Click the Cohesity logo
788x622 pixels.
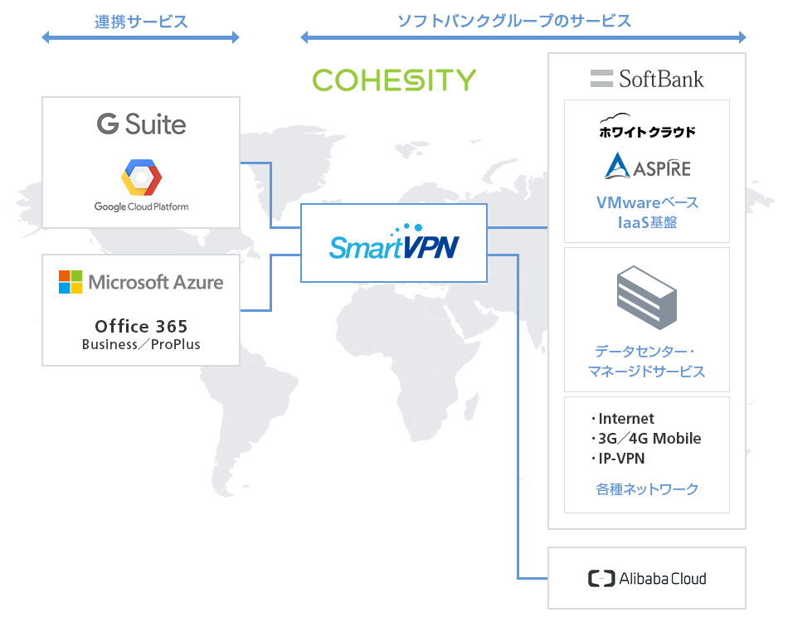click(x=394, y=80)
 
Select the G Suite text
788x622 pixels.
click(x=141, y=124)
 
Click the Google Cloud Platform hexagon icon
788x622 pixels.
click(x=141, y=177)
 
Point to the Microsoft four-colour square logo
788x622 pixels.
click(x=71, y=282)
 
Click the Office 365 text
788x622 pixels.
click(x=141, y=326)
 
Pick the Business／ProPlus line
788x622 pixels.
click(x=141, y=344)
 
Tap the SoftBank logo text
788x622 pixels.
click(x=647, y=79)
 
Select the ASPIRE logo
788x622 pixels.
click(x=647, y=167)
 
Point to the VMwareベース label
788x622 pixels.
click(x=647, y=203)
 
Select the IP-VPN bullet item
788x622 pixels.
click(x=620, y=459)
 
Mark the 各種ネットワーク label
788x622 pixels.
click(x=647, y=489)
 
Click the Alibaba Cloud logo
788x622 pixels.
click(x=647, y=579)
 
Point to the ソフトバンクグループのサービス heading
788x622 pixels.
click(x=514, y=22)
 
